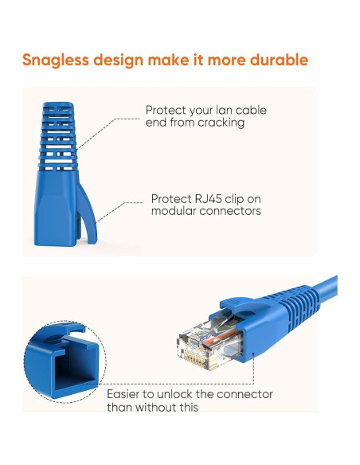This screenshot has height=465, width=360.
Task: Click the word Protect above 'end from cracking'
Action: point(164,110)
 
